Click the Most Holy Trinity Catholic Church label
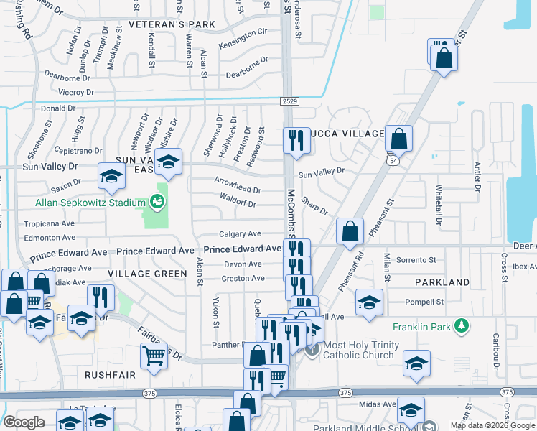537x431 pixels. pyautogui.click(x=360, y=350)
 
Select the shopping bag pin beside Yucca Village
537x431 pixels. pyautogui.click(x=398, y=138)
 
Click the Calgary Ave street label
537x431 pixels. pyautogui.click(x=240, y=234)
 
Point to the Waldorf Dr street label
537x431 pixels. pyautogui.click(x=238, y=204)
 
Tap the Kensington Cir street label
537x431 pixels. pyautogui.click(x=243, y=32)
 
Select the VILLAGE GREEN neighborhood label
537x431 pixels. pyautogui.click(x=148, y=274)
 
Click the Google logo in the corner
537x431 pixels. pyautogui.click(x=24, y=422)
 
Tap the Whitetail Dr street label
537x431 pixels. pyautogui.click(x=439, y=203)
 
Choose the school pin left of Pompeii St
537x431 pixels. pyautogui.click(x=369, y=302)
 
